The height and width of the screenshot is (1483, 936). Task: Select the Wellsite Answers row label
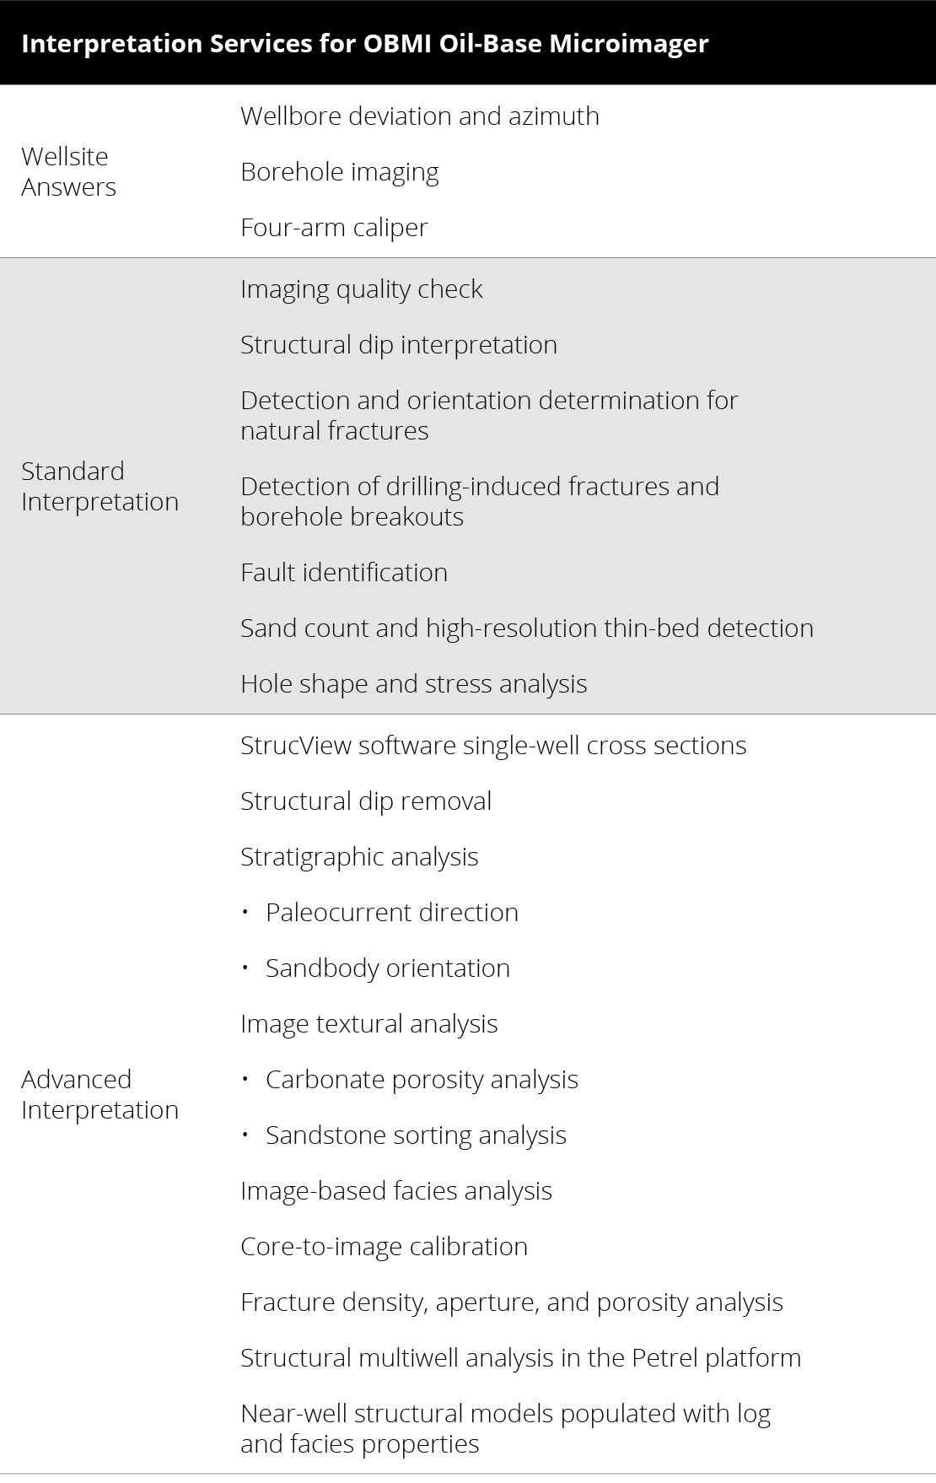(x=68, y=171)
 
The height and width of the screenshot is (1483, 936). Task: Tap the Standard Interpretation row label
(x=100, y=486)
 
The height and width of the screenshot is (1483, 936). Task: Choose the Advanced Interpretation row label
(x=100, y=1094)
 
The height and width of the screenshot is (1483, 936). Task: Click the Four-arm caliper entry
(x=334, y=227)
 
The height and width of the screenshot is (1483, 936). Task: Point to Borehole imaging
(x=339, y=171)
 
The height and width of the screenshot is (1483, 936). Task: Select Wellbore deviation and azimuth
(x=419, y=116)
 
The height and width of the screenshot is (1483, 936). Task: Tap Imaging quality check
(x=361, y=289)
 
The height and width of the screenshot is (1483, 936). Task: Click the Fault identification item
(x=343, y=572)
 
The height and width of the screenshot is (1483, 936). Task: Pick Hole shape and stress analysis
(x=413, y=683)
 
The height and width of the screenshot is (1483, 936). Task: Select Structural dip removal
(x=365, y=801)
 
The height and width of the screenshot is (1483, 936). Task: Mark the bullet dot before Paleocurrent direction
(x=245, y=913)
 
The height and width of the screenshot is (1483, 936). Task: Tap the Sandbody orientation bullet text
(x=387, y=968)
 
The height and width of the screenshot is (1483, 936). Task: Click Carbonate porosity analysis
(x=422, y=1079)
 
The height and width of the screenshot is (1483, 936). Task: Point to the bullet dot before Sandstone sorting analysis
(x=245, y=1135)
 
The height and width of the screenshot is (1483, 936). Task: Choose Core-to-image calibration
(x=384, y=1246)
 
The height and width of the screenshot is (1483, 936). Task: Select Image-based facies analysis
(x=395, y=1190)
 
